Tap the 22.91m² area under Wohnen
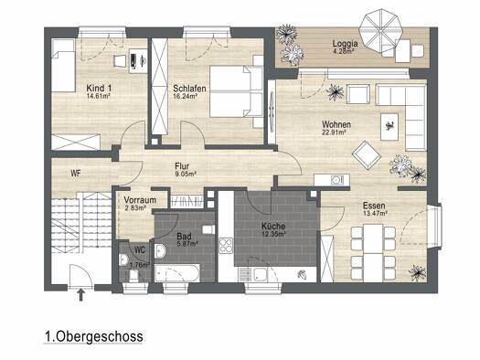click(334, 132)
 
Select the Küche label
click(273, 227)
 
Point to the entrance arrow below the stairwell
click(80, 295)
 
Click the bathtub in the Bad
click(177, 273)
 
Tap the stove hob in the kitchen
click(226, 246)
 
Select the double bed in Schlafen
click(236, 91)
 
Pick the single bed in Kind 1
click(63, 65)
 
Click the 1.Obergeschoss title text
click(93, 336)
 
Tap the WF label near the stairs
click(76, 174)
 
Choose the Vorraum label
click(140, 200)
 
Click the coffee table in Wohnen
click(389, 127)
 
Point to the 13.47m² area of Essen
click(375, 213)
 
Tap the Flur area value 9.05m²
click(186, 174)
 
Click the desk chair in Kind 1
click(120, 61)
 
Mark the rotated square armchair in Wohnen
click(367, 154)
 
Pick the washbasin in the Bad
click(160, 250)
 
